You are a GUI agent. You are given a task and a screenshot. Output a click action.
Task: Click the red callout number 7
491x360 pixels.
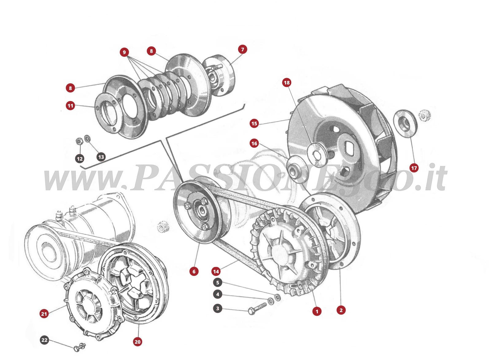pyautogui.click(x=242, y=49)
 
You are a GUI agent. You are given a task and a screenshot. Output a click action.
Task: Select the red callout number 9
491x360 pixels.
pyautogui.click(x=124, y=52)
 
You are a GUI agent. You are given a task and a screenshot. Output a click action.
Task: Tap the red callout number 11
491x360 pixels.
pyautogui.click(x=71, y=106)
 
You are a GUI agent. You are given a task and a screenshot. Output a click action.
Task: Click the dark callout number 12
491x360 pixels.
pyautogui.click(x=80, y=159)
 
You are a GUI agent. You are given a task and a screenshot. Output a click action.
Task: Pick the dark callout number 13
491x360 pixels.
pyautogui.click(x=101, y=157)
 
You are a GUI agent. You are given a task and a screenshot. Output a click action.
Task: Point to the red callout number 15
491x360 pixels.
pyautogui.click(x=254, y=123)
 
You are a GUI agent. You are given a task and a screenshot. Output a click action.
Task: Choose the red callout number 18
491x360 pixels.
pyautogui.click(x=287, y=83)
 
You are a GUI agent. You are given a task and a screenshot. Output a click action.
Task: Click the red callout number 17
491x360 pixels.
pyautogui.click(x=414, y=168)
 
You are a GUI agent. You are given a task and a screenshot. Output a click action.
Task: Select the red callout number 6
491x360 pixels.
pyautogui.click(x=194, y=271)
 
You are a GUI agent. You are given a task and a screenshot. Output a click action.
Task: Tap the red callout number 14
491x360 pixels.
pyautogui.click(x=216, y=271)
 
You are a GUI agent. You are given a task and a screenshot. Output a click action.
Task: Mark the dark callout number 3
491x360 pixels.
pyautogui.click(x=218, y=308)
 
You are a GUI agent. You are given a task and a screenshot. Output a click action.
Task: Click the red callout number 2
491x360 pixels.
pyautogui.click(x=341, y=310)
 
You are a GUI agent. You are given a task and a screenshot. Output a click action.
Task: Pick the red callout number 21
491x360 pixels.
pyautogui.click(x=44, y=314)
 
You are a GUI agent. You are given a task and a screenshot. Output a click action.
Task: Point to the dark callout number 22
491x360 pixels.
pyautogui.click(x=44, y=340)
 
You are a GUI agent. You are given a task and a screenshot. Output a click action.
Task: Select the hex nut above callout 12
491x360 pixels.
pyautogui.click(x=79, y=141)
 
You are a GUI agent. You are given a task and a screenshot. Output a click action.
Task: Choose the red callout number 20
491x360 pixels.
pyautogui.click(x=137, y=342)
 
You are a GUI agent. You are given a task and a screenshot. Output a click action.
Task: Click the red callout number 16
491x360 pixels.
pyautogui.click(x=254, y=143)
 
